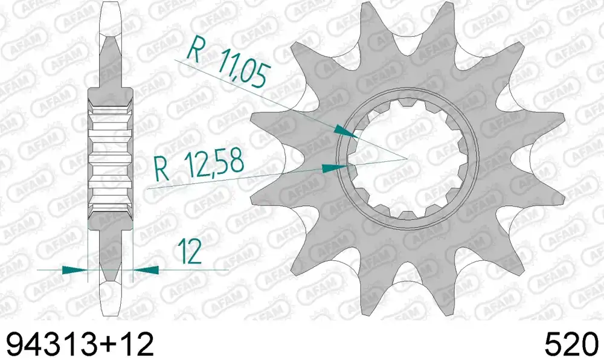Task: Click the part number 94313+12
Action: [x=80, y=344]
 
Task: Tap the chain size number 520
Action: [x=571, y=344]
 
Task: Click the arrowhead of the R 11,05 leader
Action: [x=345, y=132]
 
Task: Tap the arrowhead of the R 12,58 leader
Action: [x=334, y=168]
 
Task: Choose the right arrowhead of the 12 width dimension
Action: [x=146, y=270]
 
